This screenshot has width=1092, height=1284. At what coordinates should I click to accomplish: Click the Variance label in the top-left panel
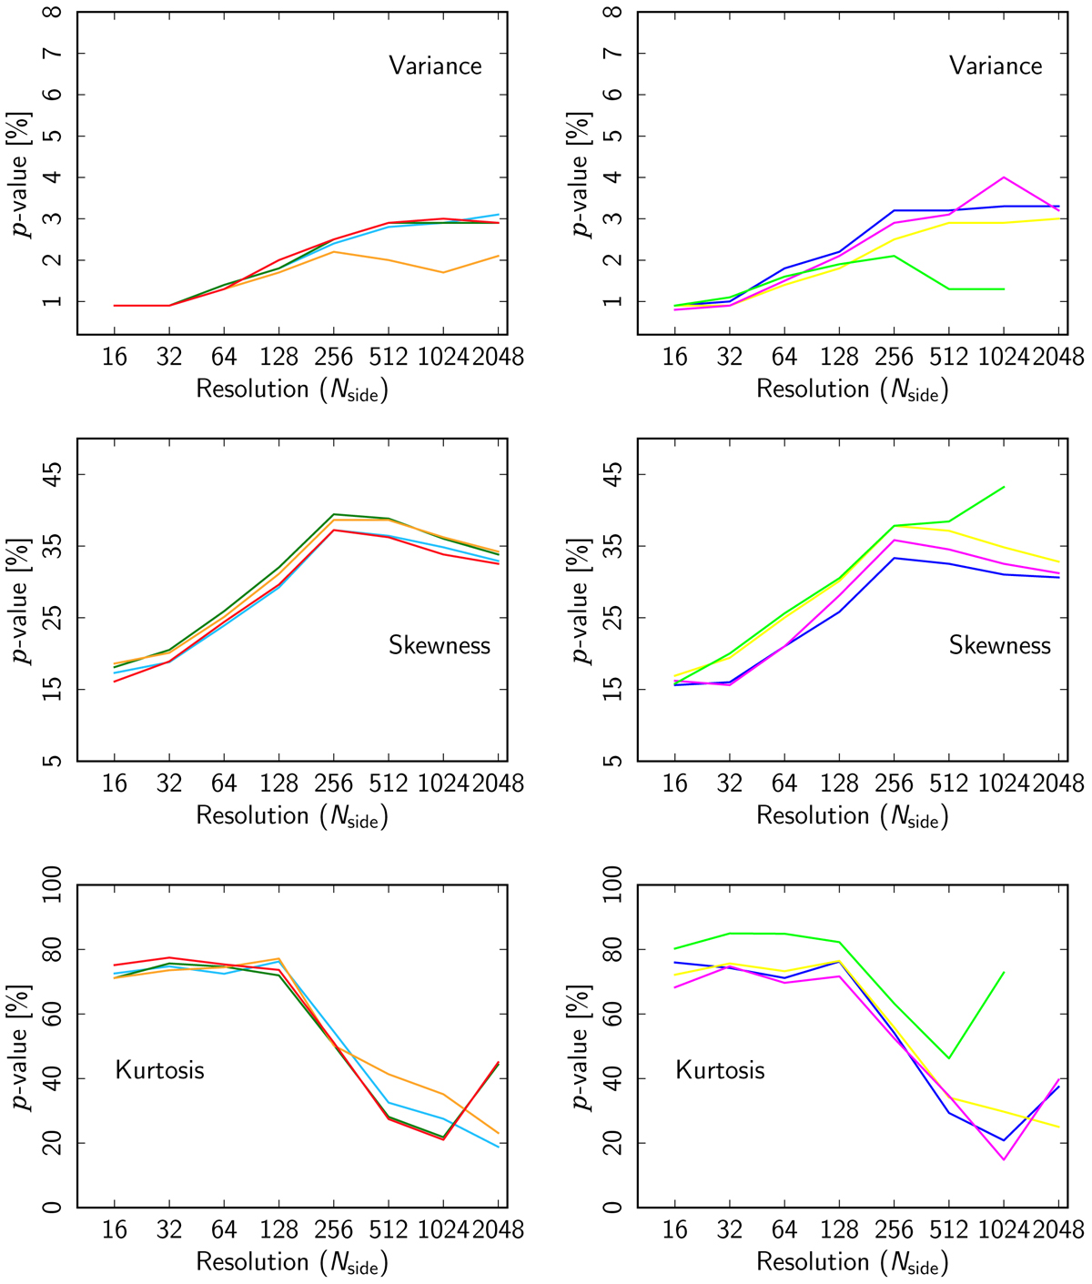435,66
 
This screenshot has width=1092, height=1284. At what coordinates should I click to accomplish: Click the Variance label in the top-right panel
996,66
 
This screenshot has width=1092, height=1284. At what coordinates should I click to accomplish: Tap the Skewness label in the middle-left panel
440,645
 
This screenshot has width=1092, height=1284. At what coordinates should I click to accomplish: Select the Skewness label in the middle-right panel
1000,645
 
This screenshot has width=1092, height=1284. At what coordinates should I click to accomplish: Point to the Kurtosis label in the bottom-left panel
160,1069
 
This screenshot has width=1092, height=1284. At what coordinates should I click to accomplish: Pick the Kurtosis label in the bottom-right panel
721,1069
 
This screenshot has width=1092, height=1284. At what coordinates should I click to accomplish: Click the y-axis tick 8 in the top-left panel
57,13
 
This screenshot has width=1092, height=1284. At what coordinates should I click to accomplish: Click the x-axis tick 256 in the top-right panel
894,356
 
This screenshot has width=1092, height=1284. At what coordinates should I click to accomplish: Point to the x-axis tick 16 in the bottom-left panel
115,1229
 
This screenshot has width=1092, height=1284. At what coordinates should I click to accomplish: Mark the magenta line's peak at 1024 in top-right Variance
1004,177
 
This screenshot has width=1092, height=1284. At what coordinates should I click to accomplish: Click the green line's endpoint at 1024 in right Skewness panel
1004,487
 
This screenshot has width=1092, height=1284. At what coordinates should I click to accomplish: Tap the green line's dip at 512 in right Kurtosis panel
949,1058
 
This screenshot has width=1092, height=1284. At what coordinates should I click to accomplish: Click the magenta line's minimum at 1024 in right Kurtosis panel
1004,1159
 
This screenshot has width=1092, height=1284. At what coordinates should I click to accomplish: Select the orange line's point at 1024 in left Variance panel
443,272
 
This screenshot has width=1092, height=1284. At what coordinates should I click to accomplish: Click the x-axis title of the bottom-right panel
853,1262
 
